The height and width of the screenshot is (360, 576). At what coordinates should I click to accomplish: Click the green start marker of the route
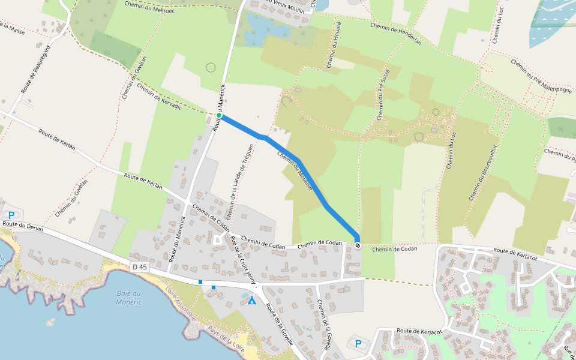(220, 115)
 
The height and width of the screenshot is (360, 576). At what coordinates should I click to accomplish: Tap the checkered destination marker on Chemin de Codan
(358, 245)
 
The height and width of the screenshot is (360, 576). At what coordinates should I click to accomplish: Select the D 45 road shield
(139, 266)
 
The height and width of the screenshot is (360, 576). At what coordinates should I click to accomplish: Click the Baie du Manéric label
(129, 297)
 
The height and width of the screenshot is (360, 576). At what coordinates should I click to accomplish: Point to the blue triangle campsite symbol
(252, 300)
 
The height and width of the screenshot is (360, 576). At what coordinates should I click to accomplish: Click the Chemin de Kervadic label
(159, 96)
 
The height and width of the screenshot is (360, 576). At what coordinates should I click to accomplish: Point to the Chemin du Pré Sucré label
(382, 95)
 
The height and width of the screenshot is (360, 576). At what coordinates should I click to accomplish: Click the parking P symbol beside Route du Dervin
(10, 215)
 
